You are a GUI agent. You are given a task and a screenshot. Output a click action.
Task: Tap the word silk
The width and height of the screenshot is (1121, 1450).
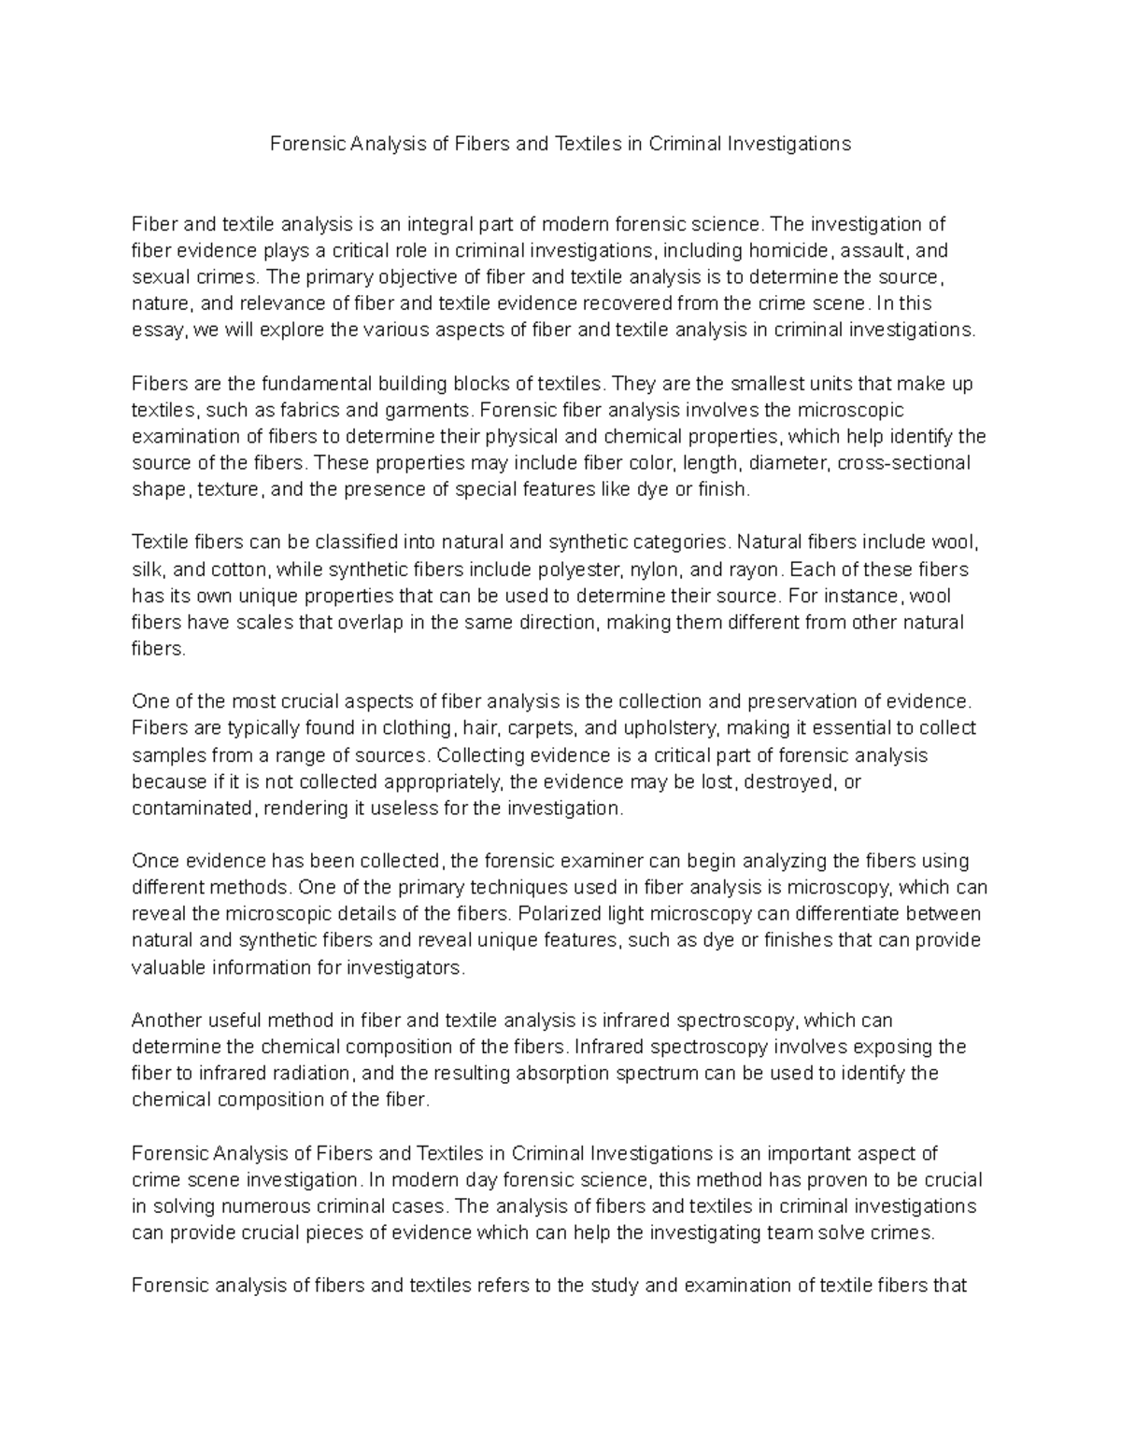click(146, 569)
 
